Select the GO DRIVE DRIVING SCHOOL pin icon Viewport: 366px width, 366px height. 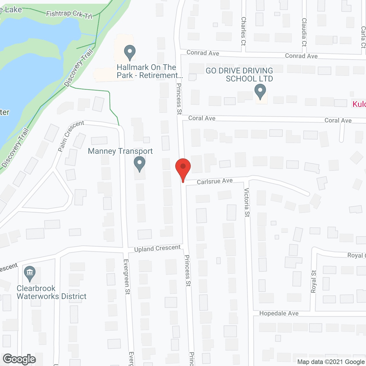[x=260, y=91]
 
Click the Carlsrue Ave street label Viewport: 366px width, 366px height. [x=215, y=181]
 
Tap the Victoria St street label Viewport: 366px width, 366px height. [x=247, y=202]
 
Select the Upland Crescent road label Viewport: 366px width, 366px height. [x=157, y=248]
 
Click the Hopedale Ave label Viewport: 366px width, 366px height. [x=279, y=313]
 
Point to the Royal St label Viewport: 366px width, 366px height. [x=314, y=281]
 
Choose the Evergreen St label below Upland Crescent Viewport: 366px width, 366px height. [x=127, y=277]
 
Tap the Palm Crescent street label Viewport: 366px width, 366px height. [x=71, y=136]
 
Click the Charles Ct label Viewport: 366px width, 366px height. [x=243, y=31]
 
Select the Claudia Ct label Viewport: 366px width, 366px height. [x=304, y=32]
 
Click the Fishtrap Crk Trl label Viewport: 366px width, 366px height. [x=69, y=14]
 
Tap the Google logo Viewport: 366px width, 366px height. [x=19, y=359]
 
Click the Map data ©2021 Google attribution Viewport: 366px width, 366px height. [x=331, y=362]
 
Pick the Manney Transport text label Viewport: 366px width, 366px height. [x=120, y=151]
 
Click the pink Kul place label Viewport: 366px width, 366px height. [x=359, y=104]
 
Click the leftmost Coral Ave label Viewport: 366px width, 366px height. [x=202, y=118]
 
